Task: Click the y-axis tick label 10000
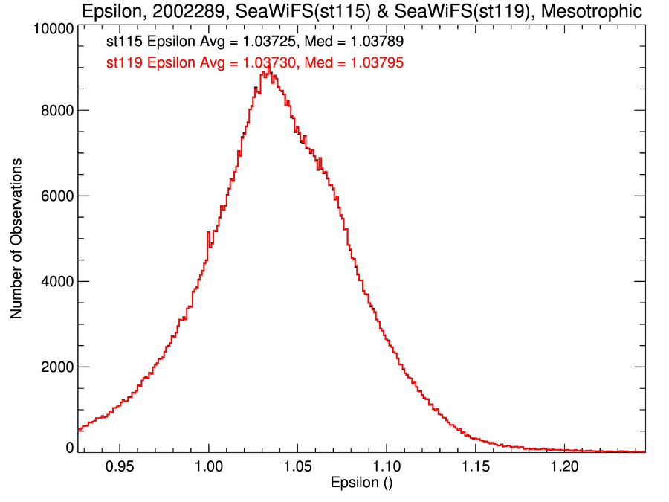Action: (52, 29)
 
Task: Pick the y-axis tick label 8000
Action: (56, 110)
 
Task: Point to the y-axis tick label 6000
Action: (56, 196)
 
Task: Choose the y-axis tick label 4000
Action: (56, 281)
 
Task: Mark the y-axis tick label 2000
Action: (56, 367)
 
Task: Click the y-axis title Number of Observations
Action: (16, 239)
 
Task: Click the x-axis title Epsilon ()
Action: (361, 483)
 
